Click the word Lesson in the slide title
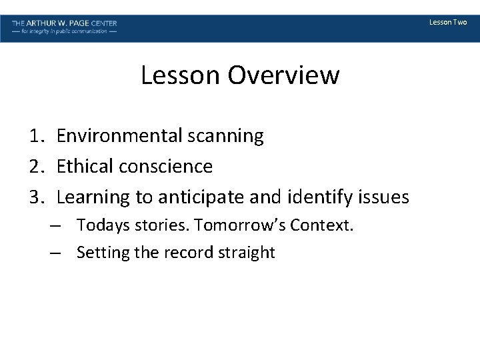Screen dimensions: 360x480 click(x=181, y=75)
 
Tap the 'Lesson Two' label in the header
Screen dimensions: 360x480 click(x=448, y=23)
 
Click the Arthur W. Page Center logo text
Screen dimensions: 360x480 click(x=64, y=23)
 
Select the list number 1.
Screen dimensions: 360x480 click(x=37, y=136)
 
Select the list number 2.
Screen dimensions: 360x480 click(x=37, y=167)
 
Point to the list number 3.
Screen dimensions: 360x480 click(x=37, y=197)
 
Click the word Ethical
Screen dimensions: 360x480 click(x=85, y=167)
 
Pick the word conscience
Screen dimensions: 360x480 click(x=166, y=167)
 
